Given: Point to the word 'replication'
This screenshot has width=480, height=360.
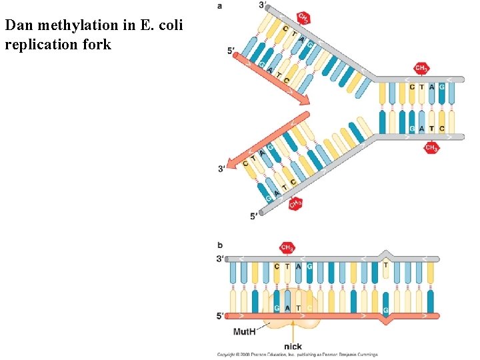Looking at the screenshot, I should tap(37, 45).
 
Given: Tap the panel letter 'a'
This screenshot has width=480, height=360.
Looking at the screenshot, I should tap(221, 6).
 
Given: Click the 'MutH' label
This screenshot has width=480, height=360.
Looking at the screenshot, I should tap(245, 331).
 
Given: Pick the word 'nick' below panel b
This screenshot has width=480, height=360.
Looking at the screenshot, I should tap(293, 347).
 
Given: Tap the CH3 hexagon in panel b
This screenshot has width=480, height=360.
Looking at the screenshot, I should tap(287, 248).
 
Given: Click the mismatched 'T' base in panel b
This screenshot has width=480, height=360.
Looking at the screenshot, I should tap(385, 265).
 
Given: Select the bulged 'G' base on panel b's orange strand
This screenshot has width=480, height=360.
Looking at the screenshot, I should tap(385, 311).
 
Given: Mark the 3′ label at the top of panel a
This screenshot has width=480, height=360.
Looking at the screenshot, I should tap(263, 6).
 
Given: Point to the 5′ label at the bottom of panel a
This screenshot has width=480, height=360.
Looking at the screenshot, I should tap(254, 216).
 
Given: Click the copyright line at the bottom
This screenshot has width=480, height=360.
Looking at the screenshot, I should tap(297, 355).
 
